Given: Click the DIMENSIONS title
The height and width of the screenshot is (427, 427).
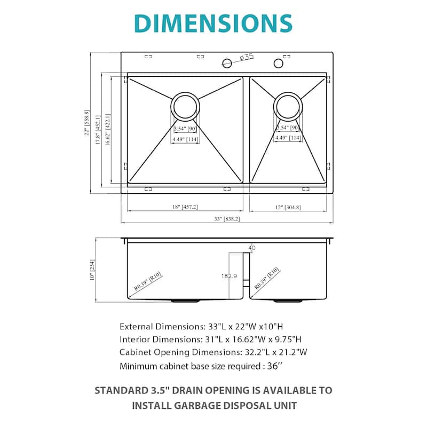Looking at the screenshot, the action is [213, 23].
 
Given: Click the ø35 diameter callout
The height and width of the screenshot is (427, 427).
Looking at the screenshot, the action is [247, 57].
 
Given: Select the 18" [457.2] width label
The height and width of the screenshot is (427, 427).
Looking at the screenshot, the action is [185, 207].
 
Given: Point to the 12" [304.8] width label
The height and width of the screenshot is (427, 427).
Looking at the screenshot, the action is [288, 208].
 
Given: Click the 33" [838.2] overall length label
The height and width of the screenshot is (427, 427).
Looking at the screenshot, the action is [227, 219].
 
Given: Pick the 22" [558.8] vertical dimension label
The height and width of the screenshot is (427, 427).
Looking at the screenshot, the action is [86, 123].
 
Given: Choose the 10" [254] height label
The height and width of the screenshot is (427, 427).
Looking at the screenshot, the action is [92, 270].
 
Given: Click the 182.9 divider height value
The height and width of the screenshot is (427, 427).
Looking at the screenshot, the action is [229, 276].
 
